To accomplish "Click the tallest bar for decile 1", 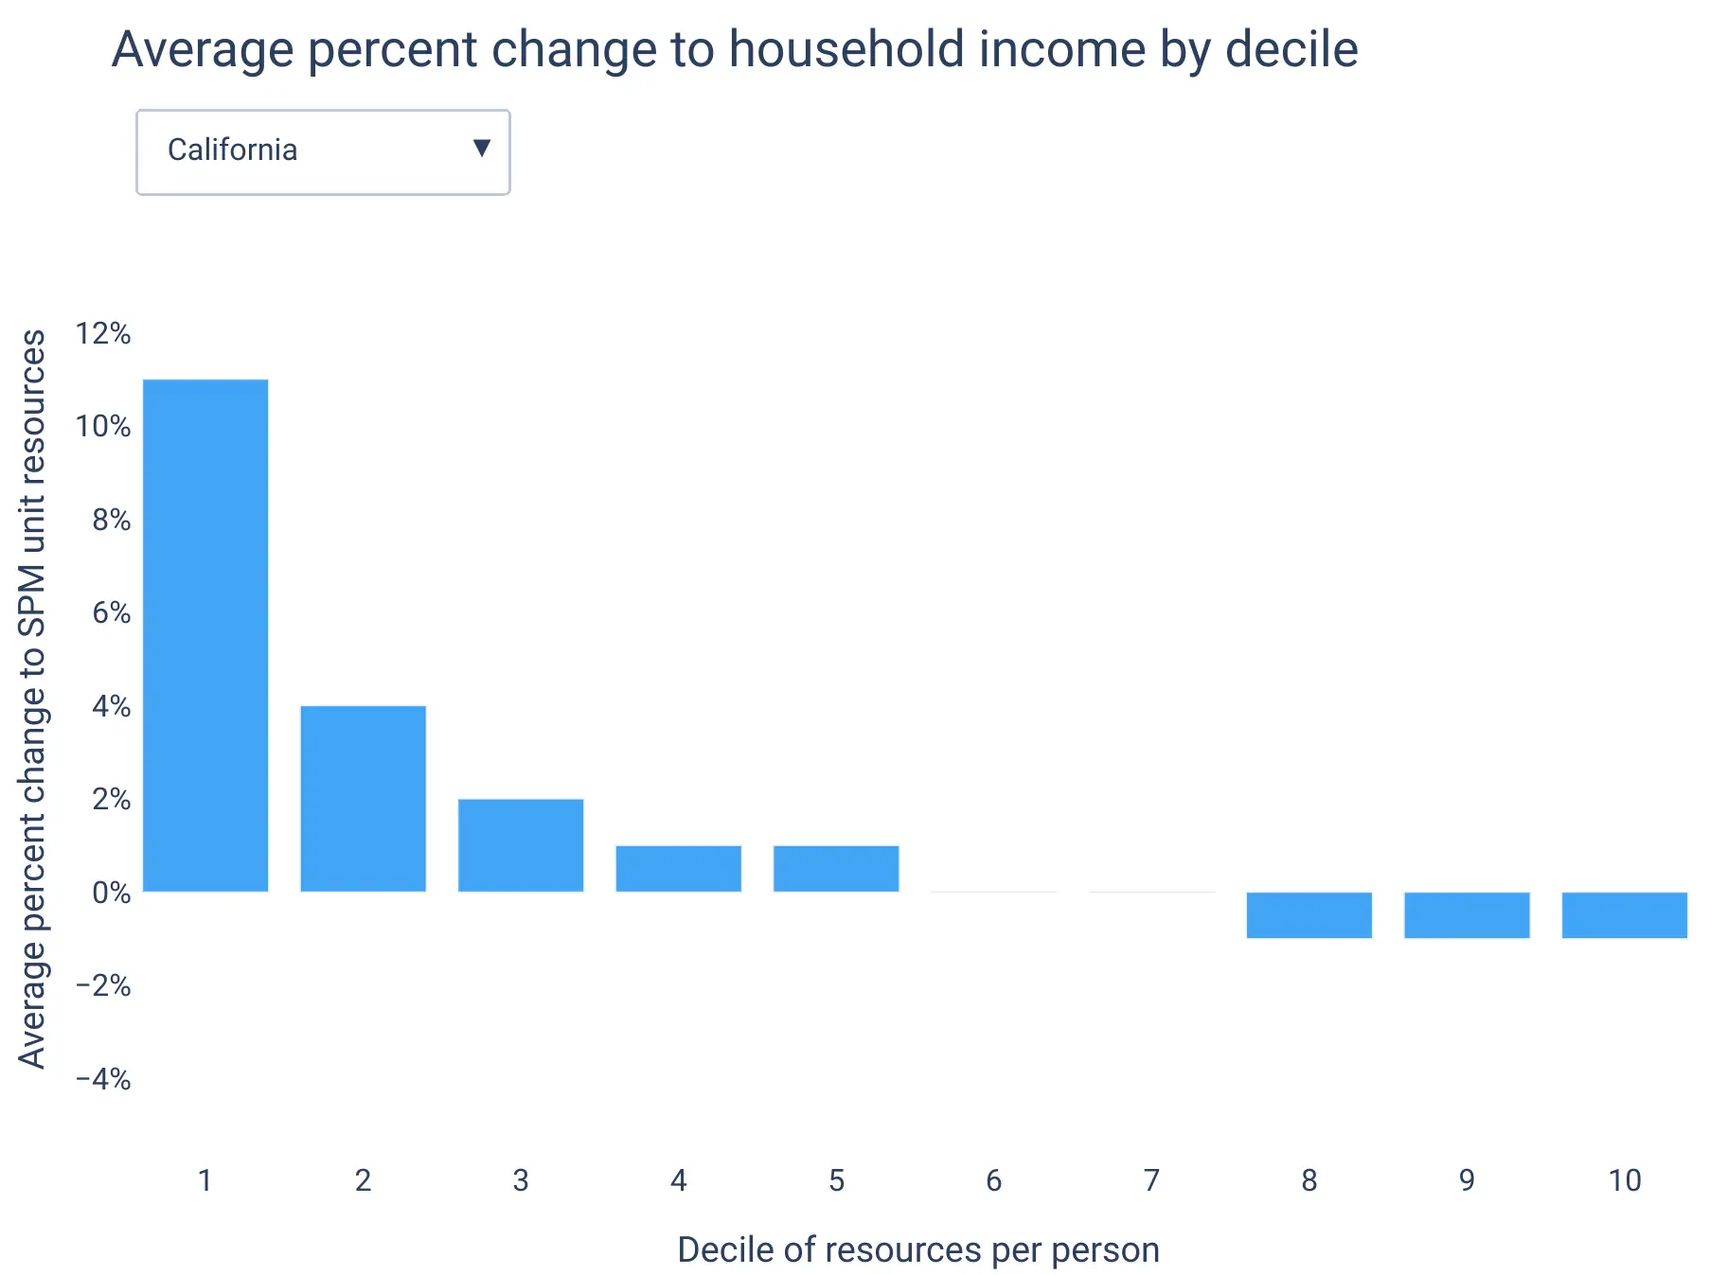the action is pyautogui.click(x=205, y=635).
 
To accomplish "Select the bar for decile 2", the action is pyautogui.click(x=364, y=799).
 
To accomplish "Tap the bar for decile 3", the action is pyautogui.click(x=521, y=845).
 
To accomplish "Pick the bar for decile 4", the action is pyautogui.click(x=679, y=869).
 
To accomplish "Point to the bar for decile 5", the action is pyautogui.click(x=836, y=869).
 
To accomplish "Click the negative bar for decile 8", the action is pyautogui.click(x=1309, y=915).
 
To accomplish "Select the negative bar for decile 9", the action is pyautogui.click(x=1467, y=915).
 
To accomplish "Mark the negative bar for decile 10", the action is pyautogui.click(x=1625, y=915).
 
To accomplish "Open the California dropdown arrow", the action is pyautogui.click(x=482, y=148).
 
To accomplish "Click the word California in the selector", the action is pyautogui.click(x=232, y=150).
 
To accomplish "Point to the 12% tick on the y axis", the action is pyautogui.click(x=103, y=333).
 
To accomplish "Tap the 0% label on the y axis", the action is pyautogui.click(x=112, y=893).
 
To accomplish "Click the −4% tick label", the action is pyautogui.click(x=103, y=1079).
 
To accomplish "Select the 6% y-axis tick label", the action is pyautogui.click(x=112, y=613).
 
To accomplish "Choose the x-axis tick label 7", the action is pyautogui.click(x=1151, y=1180).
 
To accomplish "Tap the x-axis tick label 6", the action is pyautogui.click(x=994, y=1180).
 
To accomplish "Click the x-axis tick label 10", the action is pyautogui.click(x=1625, y=1180).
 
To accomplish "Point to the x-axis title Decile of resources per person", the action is pyautogui.click(x=918, y=1250).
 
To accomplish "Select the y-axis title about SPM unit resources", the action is pyautogui.click(x=32, y=699).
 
